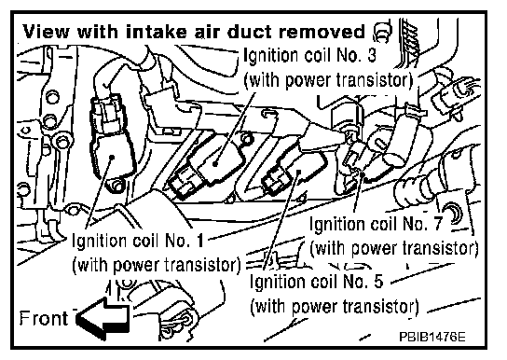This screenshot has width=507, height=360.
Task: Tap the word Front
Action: click(43, 318)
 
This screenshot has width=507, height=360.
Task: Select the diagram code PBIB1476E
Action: click(432, 337)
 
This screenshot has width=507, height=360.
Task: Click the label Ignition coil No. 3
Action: click(309, 55)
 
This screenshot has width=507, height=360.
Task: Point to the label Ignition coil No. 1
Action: click(138, 241)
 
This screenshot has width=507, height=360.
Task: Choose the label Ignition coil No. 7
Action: click(376, 224)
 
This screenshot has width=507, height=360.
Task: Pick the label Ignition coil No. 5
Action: click(317, 282)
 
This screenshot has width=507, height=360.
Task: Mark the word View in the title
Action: click(47, 32)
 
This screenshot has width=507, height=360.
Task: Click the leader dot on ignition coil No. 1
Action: click(112, 158)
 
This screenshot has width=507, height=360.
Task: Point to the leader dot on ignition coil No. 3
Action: click(215, 163)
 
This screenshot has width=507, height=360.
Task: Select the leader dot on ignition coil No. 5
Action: click(299, 172)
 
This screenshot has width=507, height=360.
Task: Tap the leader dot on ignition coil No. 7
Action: click(363, 175)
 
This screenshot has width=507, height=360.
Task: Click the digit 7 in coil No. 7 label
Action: click(437, 224)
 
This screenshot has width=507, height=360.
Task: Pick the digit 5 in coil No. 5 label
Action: click(378, 282)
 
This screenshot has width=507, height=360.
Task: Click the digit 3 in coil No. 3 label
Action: click(372, 55)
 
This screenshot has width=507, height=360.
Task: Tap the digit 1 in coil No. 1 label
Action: click(199, 241)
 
